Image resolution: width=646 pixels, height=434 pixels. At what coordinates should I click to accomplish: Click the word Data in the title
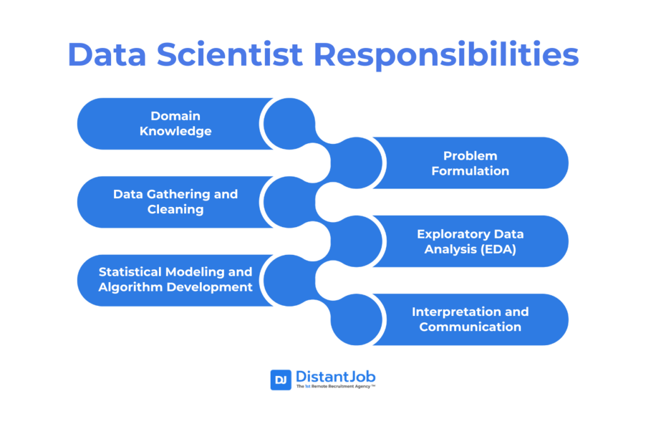click(107, 54)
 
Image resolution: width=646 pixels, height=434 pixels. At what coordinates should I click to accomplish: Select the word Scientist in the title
click(230, 54)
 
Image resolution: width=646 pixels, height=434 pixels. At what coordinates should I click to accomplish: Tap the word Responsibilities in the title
click(446, 56)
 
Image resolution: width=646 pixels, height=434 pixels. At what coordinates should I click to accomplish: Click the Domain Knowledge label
click(175, 124)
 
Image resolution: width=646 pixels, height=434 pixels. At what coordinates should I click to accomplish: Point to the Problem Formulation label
click(470, 163)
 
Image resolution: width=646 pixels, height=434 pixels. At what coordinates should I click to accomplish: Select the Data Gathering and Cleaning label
click(175, 202)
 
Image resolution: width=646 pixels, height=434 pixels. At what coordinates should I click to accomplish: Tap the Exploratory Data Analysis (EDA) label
click(470, 242)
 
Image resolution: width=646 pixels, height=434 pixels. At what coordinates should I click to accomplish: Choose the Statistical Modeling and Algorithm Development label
click(175, 279)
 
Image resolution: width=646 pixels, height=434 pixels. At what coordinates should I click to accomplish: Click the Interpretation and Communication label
click(470, 319)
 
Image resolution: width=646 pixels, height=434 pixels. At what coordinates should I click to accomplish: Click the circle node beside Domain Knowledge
click(290, 124)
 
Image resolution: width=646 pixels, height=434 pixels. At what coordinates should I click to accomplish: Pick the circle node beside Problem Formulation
click(356, 163)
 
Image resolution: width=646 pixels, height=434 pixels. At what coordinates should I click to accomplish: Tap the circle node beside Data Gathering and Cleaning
click(290, 202)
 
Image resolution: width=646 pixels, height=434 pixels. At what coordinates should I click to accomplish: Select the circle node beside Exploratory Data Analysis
click(356, 242)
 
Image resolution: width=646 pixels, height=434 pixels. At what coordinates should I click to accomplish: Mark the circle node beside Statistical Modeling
click(290, 281)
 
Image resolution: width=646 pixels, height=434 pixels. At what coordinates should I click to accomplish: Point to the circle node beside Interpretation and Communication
click(356, 320)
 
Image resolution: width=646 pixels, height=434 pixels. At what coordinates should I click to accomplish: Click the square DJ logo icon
click(281, 380)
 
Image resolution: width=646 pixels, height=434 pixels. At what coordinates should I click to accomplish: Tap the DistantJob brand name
click(336, 377)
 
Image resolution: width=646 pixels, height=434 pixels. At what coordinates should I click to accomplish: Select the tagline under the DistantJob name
click(336, 387)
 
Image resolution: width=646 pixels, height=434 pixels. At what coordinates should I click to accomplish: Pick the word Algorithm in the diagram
click(126, 287)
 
